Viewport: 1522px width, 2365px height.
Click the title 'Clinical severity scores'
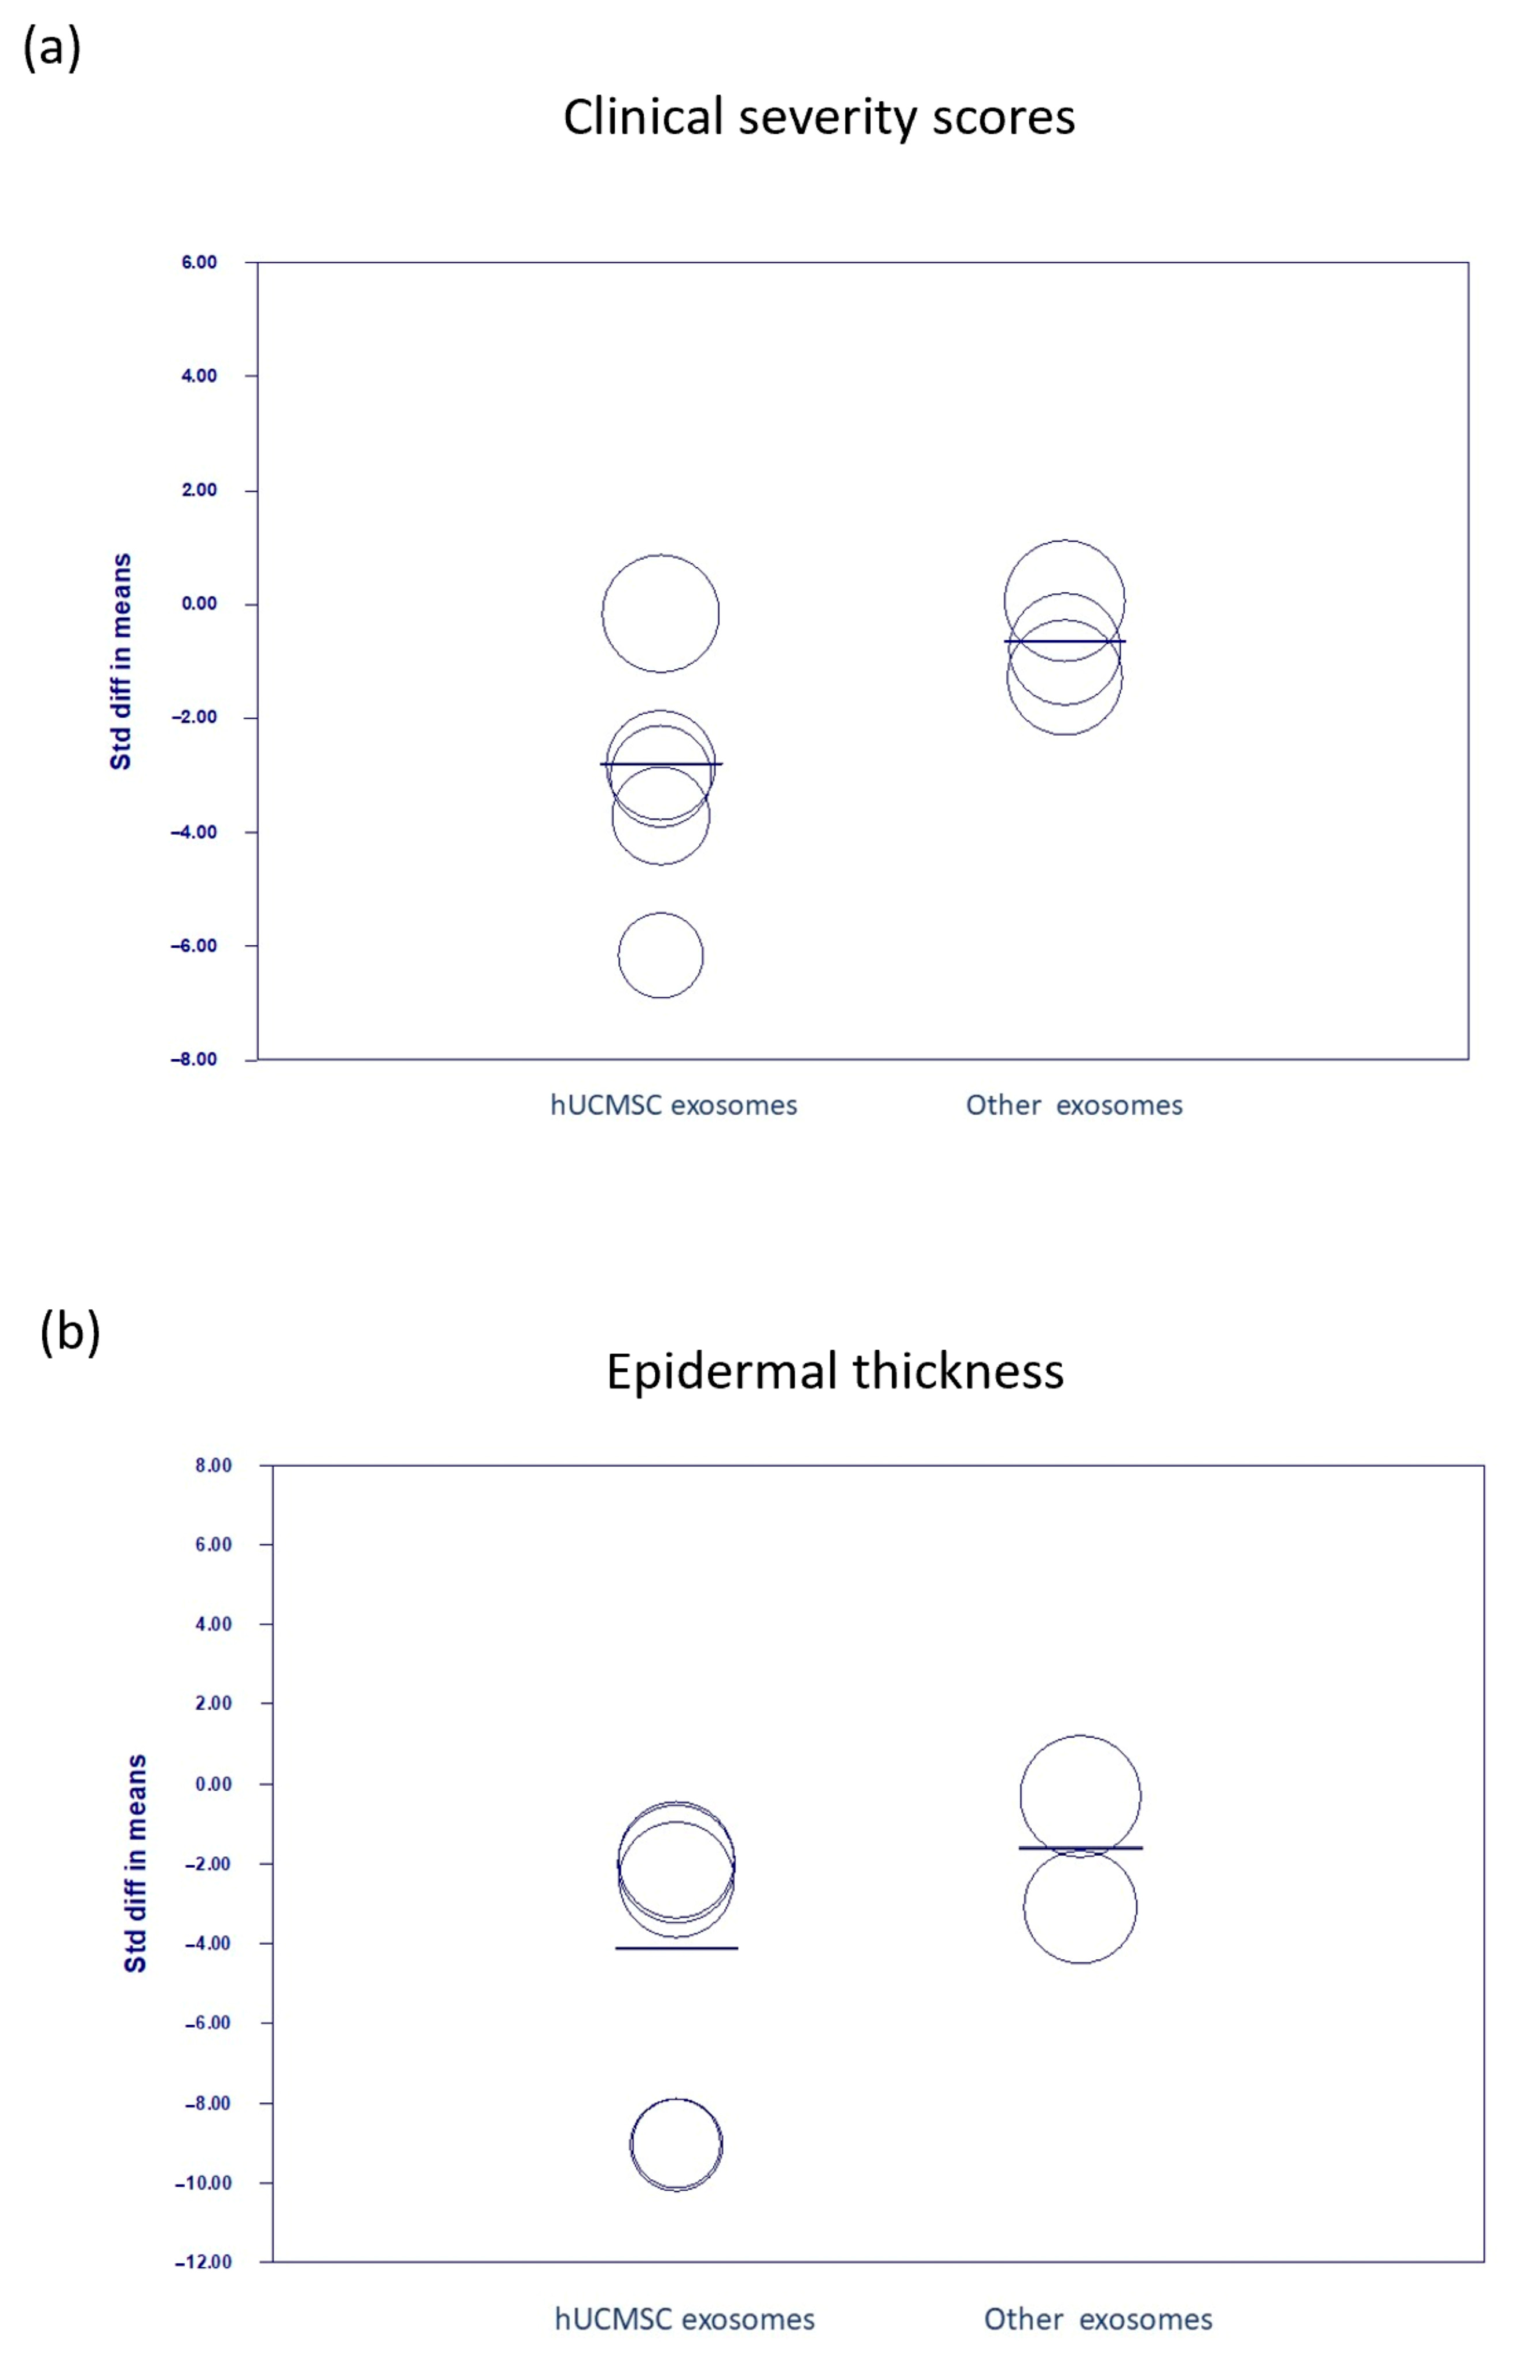pos(819,116)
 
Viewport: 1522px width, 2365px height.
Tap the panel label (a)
pos(52,47)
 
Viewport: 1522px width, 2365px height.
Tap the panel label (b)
pos(69,1332)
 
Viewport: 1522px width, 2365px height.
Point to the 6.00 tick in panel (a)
pos(199,262)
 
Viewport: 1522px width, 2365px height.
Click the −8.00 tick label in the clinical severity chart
pos(195,1059)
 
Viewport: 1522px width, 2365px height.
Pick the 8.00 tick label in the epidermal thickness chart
pos(214,1465)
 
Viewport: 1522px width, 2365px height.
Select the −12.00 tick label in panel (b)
pos(204,2261)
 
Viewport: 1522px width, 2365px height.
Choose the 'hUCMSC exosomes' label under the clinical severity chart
pos(673,1106)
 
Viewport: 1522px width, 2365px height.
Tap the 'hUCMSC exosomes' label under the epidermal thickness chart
pos(684,2319)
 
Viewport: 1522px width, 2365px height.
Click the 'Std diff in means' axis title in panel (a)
pos(120,662)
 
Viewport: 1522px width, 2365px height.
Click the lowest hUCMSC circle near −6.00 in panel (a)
pos(660,955)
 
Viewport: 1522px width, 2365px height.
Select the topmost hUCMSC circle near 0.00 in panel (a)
pos(660,614)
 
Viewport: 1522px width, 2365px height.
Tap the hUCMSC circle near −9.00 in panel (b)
pos(676,2144)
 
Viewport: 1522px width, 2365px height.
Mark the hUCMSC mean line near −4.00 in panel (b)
pos(676,1948)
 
